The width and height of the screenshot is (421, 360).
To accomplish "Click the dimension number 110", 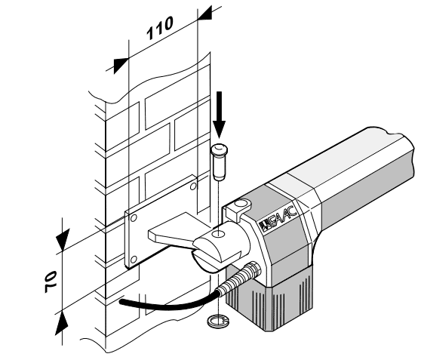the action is pyautogui.click(x=160, y=28).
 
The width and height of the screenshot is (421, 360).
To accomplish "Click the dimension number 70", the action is pyautogui.click(x=51, y=282).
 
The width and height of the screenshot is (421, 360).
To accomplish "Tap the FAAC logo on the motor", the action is pyautogui.click(x=278, y=218).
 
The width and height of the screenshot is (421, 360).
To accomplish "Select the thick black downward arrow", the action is pyautogui.click(x=220, y=115).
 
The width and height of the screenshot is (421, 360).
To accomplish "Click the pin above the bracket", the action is pyautogui.click(x=220, y=162).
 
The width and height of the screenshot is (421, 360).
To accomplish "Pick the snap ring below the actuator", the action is pyautogui.click(x=219, y=321).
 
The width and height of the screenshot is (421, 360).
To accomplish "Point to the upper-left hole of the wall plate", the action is pyautogui.click(x=134, y=218).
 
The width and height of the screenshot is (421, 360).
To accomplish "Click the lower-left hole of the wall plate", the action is pyautogui.click(x=134, y=260).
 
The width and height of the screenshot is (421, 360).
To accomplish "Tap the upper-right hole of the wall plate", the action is pyautogui.click(x=193, y=186).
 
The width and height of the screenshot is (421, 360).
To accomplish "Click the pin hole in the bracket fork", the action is pyautogui.click(x=218, y=234).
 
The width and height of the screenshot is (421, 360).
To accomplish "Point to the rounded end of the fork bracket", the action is pyautogui.click(x=207, y=254).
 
